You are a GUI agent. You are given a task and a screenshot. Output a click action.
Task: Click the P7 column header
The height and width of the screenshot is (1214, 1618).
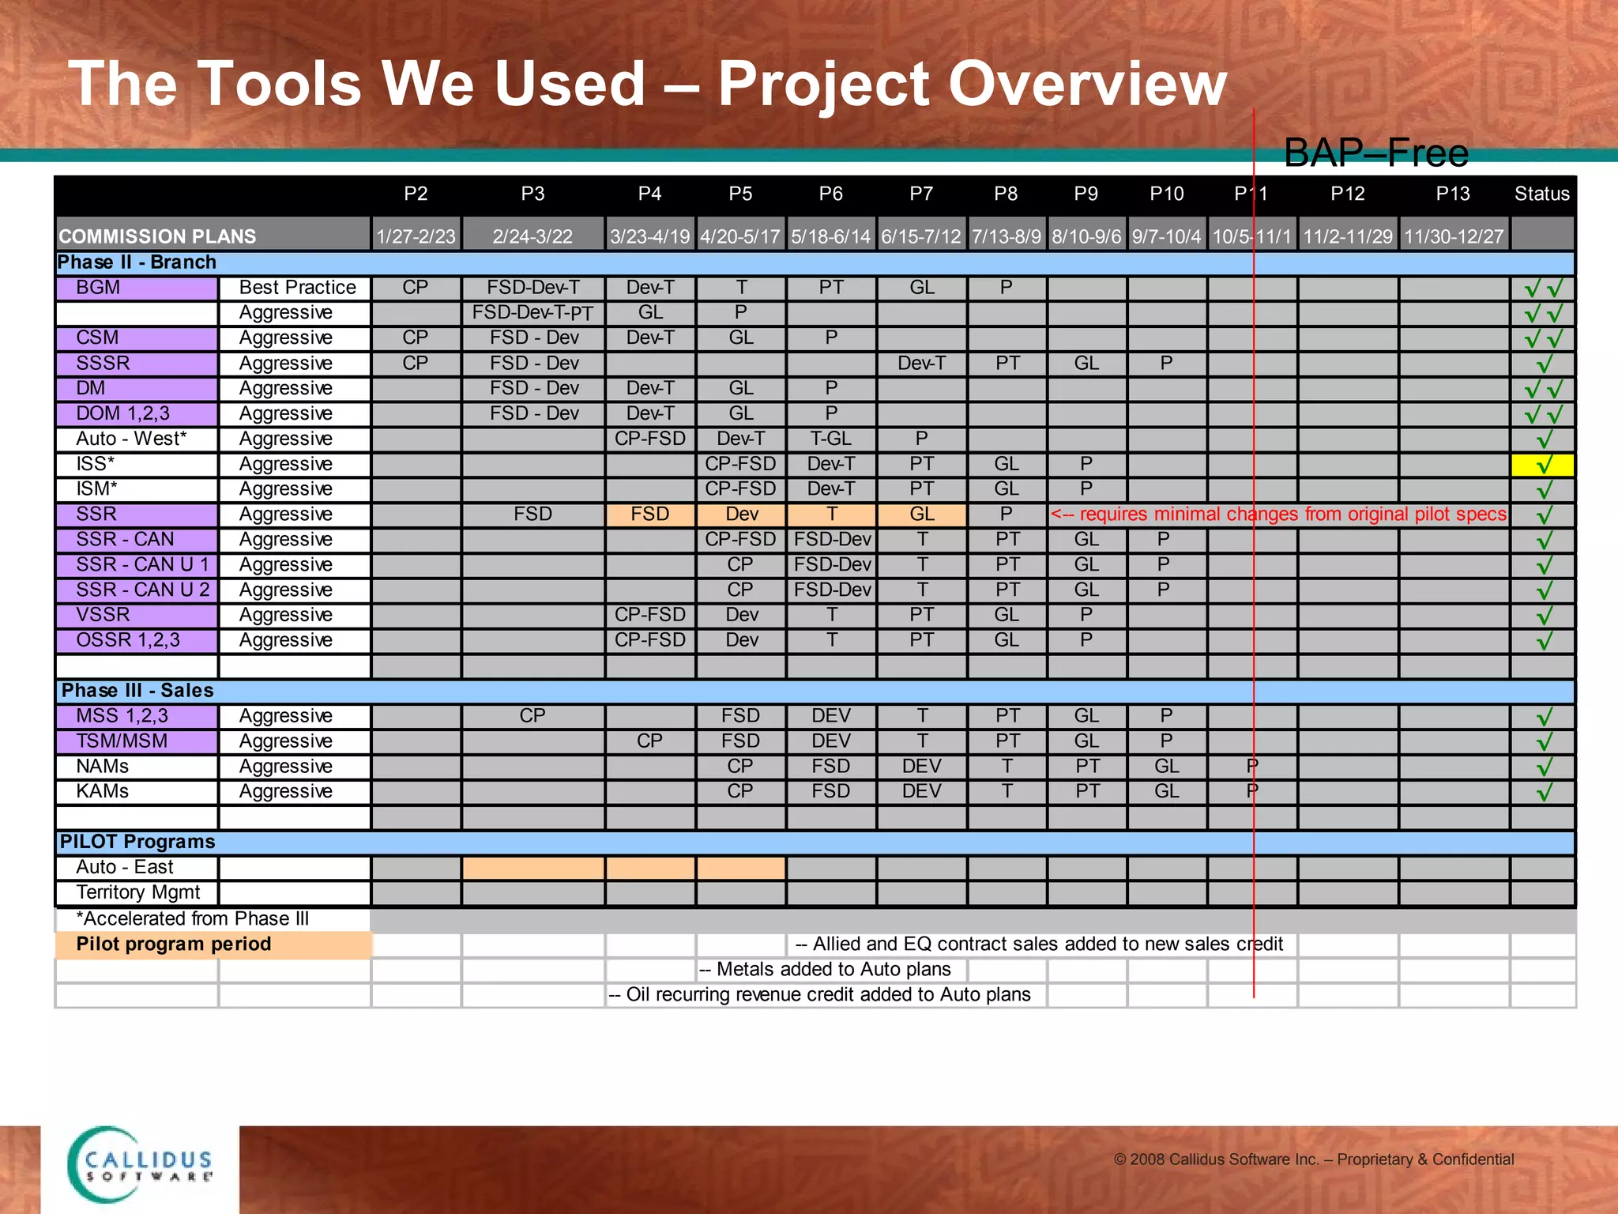click(921, 194)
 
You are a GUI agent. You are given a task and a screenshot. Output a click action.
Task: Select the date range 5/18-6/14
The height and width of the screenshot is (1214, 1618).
click(830, 236)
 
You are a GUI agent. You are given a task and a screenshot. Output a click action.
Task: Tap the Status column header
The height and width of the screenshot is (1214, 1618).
click(1541, 194)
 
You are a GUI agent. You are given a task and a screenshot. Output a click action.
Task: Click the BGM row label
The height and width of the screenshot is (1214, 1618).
click(98, 288)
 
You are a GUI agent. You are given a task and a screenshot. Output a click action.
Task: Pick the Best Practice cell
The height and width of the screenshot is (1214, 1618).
click(297, 288)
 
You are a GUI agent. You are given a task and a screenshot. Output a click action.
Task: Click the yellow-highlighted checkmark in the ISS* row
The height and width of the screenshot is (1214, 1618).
click(1543, 465)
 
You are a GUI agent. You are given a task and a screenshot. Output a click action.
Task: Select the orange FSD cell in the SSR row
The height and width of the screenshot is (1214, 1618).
click(649, 515)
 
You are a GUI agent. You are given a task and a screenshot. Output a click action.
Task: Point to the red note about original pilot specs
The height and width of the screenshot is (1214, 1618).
click(1278, 515)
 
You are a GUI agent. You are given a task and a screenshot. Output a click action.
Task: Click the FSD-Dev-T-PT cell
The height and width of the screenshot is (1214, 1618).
click(532, 313)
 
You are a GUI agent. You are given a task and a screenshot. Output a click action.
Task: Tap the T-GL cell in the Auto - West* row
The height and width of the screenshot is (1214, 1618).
click(830, 439)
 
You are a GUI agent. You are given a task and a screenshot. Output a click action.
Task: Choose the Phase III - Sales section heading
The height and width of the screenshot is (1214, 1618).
click(137, 691)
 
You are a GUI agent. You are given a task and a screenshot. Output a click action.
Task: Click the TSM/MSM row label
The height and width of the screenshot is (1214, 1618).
click(122, 741)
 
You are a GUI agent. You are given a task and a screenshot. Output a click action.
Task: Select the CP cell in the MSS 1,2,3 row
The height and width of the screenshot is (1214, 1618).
click(532, 716)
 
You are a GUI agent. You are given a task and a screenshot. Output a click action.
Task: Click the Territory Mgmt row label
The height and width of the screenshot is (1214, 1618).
click(138, 892)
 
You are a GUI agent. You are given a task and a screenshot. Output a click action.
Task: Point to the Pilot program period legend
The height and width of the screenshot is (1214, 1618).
click(174, 944)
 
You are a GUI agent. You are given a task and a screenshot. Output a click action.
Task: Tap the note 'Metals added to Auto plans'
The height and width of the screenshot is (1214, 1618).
click(826, 970)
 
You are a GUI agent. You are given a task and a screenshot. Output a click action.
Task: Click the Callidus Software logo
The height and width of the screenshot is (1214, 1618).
click(141, 1165)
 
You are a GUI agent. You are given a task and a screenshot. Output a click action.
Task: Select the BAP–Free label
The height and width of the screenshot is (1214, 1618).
click(1375, 153)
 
